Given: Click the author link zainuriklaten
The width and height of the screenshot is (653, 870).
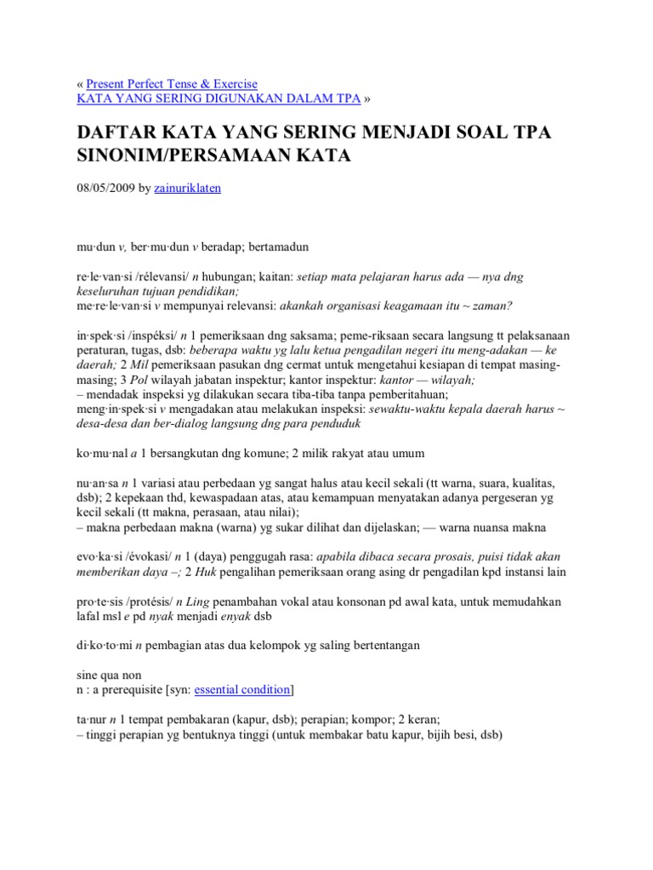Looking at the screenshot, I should [188, 189].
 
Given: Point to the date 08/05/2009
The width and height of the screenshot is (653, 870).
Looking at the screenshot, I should [105, 189].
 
